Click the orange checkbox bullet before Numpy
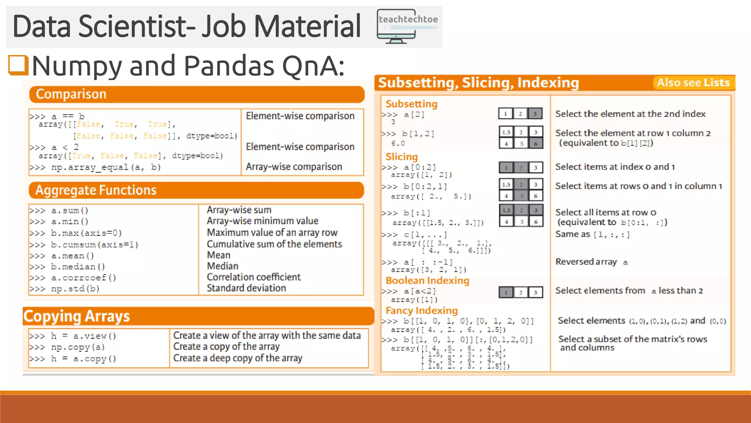point(18,65)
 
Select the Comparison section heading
point(71,94)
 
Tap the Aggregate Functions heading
point(96,190)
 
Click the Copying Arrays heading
point(77,316)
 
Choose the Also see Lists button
point(693,83)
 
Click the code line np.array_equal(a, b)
point(95,167)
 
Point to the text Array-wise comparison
point(294,167)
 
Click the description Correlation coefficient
point(253,277)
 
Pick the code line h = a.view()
point(73,336)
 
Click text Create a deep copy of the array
point(238,358)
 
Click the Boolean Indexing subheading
point(427,281)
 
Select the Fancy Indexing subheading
point(421,311)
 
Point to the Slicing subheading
point(401,157)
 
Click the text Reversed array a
point(591,262)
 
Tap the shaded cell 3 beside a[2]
point(535,114)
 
